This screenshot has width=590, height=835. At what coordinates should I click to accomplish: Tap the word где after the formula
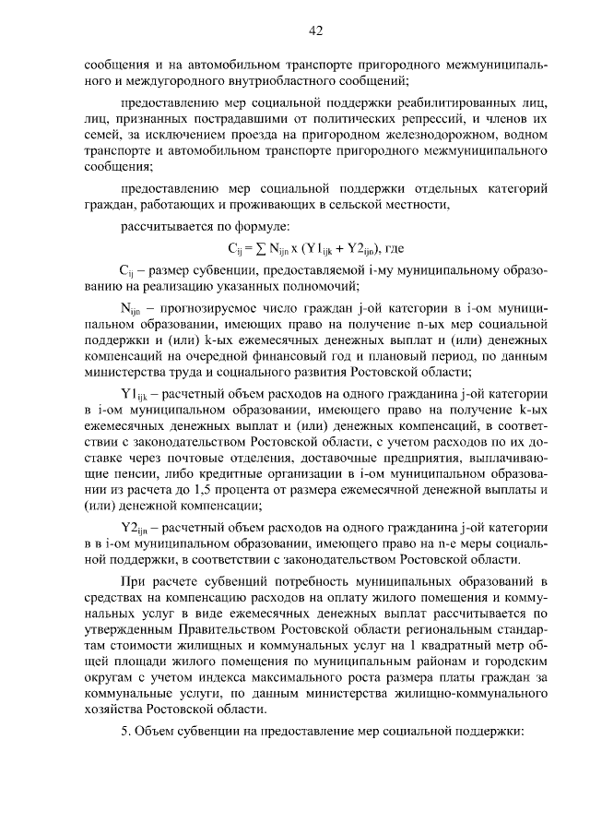coord(395,248)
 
